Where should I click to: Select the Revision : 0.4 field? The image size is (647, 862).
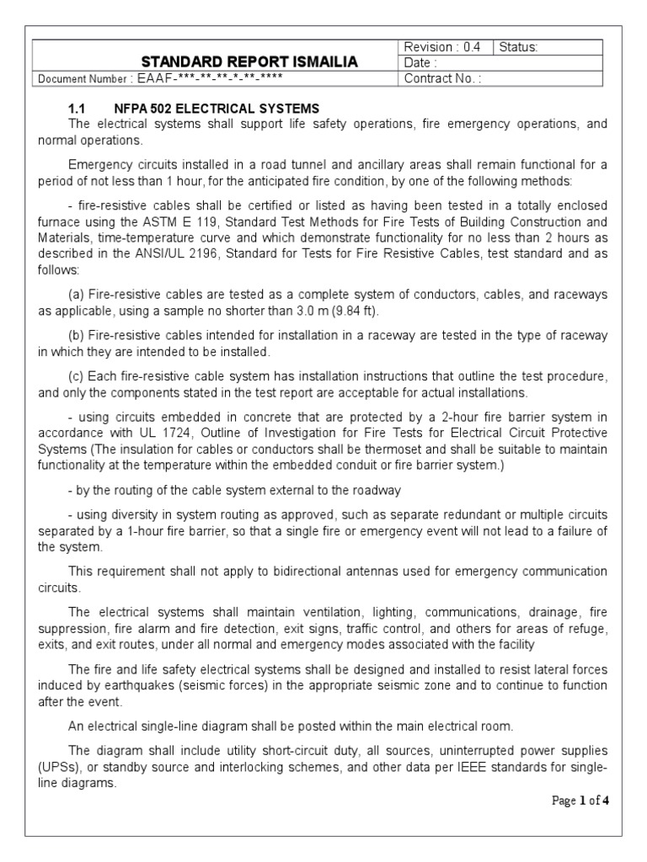click(x=442, y=47)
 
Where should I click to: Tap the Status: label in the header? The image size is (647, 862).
click(x=518, y=47)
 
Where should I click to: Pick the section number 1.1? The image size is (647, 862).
click(x=78, y=109)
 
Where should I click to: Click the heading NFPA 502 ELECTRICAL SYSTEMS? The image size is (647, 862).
click(x=217, y=109)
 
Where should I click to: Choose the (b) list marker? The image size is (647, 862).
click(x=77, y=336)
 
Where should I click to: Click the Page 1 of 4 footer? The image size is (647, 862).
click(x=580, y=801)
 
